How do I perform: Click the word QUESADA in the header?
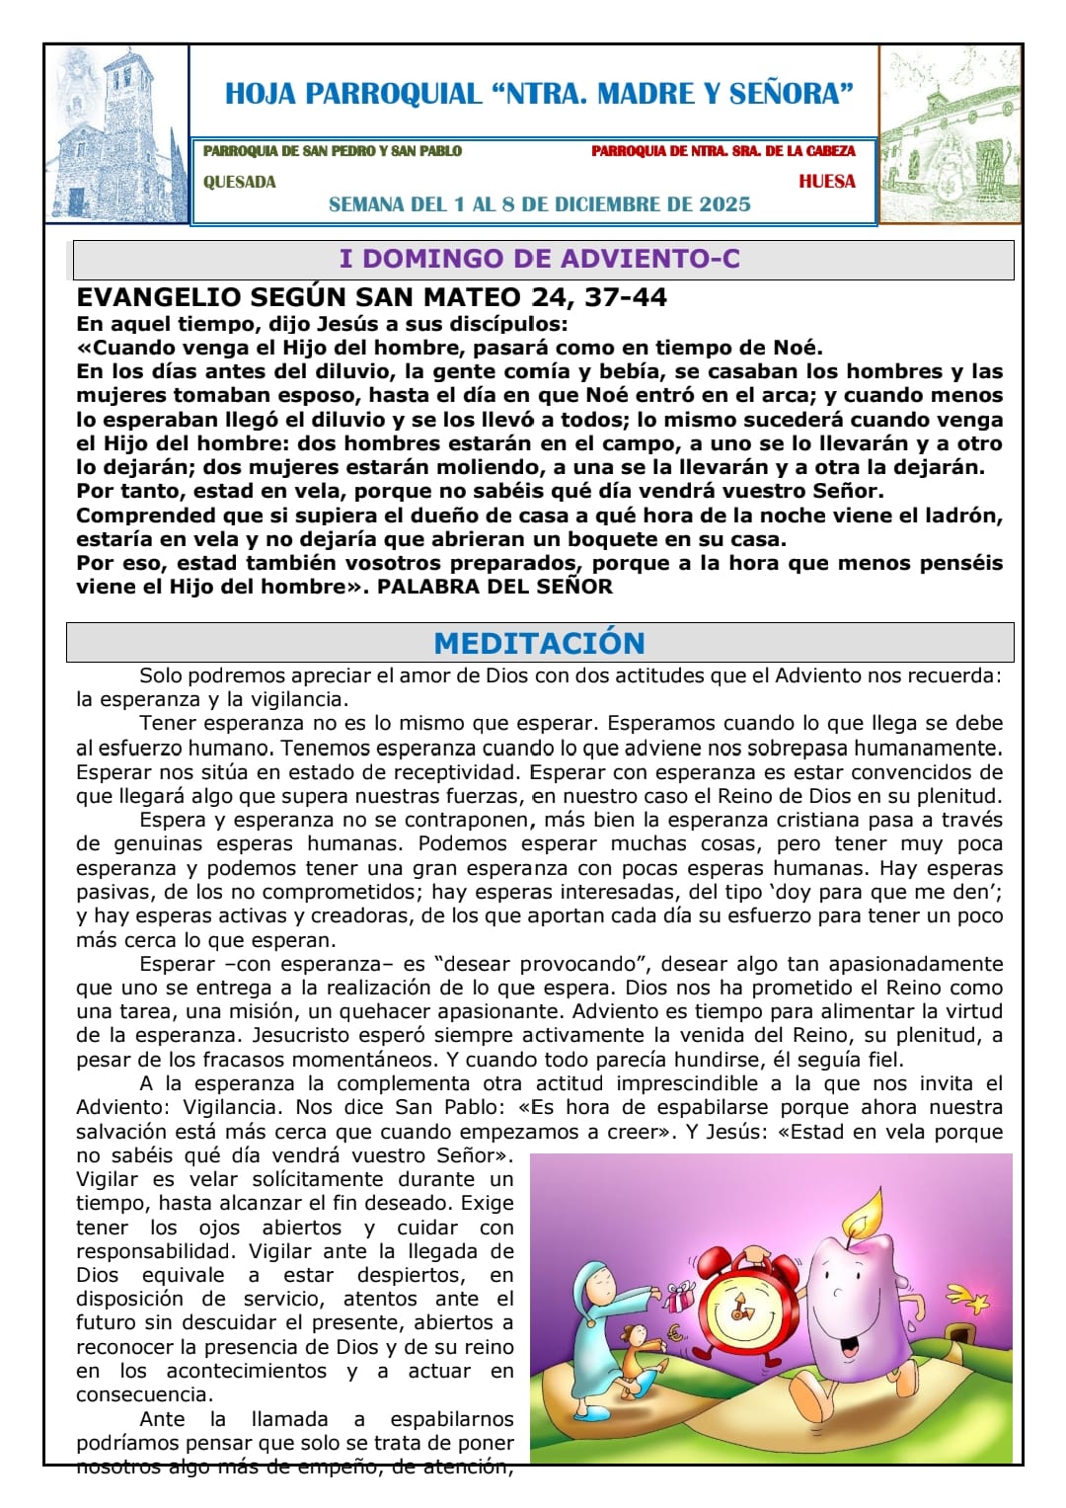click(239, 182)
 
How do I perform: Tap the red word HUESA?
click(826, 182)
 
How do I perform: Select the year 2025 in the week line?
click(724, 204)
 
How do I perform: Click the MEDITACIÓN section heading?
click(539, 643)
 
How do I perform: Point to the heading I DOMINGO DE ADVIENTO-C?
click(539, 259)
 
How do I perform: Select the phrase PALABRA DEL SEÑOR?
click(495, 587)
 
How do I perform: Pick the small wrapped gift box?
click(680, 1295)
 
